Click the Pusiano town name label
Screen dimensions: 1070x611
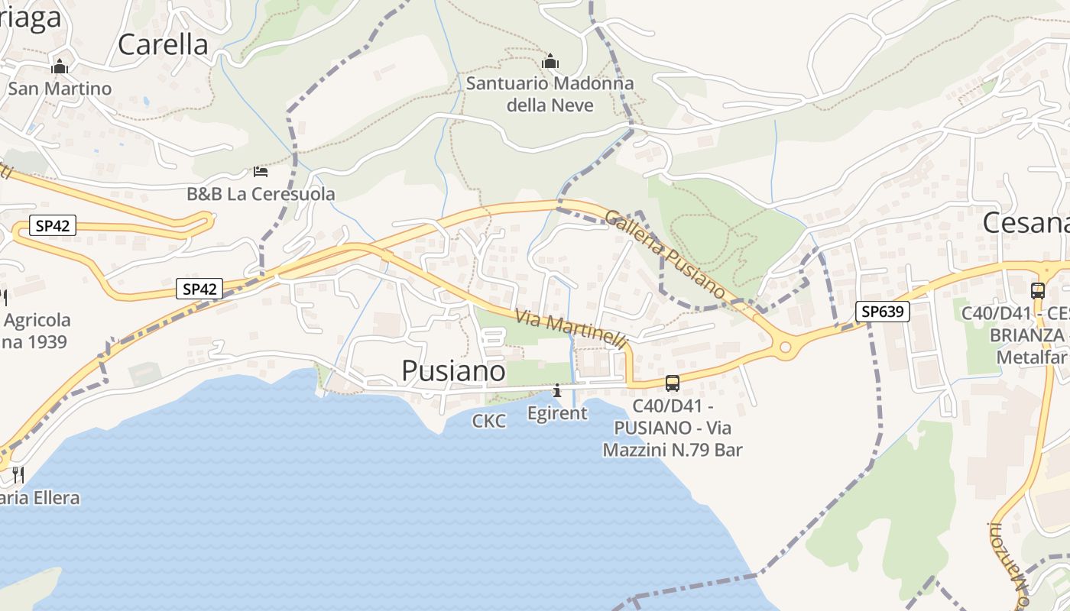tap(453, 371)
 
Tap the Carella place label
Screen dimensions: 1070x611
tap(163, 44)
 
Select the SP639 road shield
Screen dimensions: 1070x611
tap(883, 311)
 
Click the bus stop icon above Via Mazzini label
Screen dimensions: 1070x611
tap(673, 383)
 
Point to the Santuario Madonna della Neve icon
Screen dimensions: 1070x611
tap(550, 61)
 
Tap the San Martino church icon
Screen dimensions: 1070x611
tap(60, 67)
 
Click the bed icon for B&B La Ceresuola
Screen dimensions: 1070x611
tap(261, 171)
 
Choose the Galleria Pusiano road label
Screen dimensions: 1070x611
tap(664, 253)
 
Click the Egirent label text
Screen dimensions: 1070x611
tap(558, 413)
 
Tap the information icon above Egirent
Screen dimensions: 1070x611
tap(557, 391)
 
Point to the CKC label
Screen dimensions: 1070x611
tap(489, 421)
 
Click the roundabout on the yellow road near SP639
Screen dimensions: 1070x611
tap(785, 348)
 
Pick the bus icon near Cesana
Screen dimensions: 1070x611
tap(1037, 290)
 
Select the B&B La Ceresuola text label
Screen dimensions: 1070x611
tap(261, 194)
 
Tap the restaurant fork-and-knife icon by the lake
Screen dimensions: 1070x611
tap(18, 475)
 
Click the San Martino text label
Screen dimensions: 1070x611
tap(60, 89)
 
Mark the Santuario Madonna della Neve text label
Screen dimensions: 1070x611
tap(550, 94)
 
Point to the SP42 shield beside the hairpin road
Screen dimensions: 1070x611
tap(53, 226)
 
